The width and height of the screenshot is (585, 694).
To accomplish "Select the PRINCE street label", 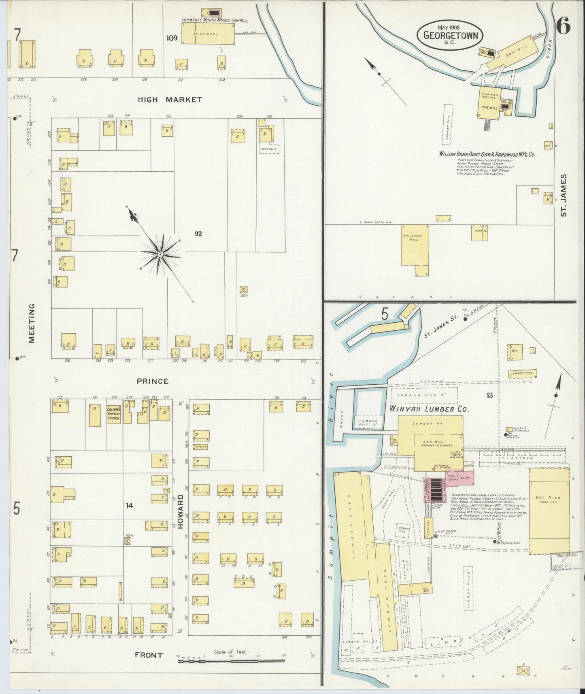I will pyautogui.click(x=152, y=381).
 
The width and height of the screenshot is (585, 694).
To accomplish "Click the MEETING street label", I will pyautogui.click(x=32, y=323).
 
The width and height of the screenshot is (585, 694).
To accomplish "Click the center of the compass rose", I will pyautogui.click(x=160, y=254).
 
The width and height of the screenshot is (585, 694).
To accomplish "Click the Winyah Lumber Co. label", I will pyautogui.click(x=429, y=409).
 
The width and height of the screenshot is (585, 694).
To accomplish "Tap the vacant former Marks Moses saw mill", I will pyautogui.click(x=208, y=34).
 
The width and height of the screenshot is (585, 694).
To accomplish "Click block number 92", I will pyautogui.click(x=198, y=234).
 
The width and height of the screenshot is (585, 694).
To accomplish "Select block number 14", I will pyautogui.click(x=129, y=505).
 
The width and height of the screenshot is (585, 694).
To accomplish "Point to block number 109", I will pyautogui.click(x=172, y=38).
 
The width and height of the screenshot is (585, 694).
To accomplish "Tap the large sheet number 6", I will pyautogui.click(x=563, y=27).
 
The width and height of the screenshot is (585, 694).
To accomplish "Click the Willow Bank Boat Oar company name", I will pyautogui.click(x=487, y=154).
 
